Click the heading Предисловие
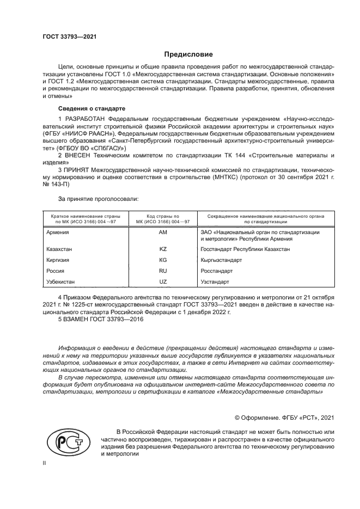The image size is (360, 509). pyautogui.click(x=189, y=54)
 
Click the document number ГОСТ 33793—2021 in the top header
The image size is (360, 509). pyautogui.click(x=70, y=37)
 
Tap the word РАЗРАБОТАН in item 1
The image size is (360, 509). pyautogui.click(x=86, y=118)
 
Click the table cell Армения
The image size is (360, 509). pyautogui.click(x=58, y=232)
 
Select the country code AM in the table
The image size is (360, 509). pyautogui.click(x=162, y=232)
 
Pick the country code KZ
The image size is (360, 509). pyautogui.click(x=162, y=249)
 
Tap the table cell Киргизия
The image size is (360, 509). pyautogui.click(x=59, y=260)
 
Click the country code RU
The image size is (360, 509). pyautogui.click(x=162, y=271)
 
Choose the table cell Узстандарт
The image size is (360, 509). pyautogui.click(x=215, y=282)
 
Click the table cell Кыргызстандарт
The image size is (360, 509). pyautogui.click(x=221, y=260)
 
